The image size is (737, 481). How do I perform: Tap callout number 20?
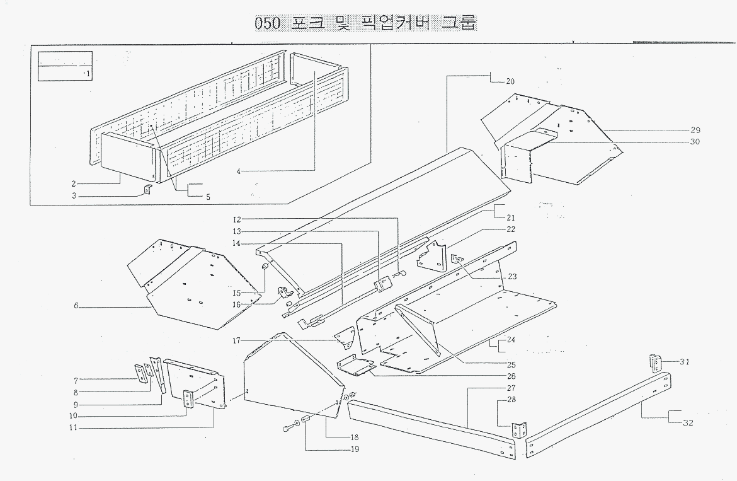510,81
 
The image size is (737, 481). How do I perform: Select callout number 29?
695,130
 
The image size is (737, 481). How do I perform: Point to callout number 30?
695,142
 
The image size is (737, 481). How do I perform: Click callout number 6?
76,306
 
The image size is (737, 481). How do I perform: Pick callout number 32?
688,422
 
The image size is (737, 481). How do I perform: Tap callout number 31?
685,361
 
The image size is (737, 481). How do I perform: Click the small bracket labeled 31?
656,364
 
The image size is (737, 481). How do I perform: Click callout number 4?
239,171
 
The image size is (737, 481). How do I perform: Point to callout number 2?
74,183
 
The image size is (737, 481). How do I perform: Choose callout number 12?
237,219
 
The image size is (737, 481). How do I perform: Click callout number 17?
237,341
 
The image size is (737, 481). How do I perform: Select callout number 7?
76,380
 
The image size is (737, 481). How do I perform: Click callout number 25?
511,364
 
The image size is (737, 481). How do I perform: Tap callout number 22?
511,229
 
